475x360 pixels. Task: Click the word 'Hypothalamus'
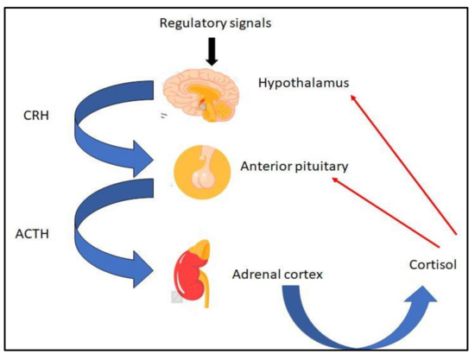click(x=300, y=83)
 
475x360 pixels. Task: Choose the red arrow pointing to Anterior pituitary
click(x=393, y=205)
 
